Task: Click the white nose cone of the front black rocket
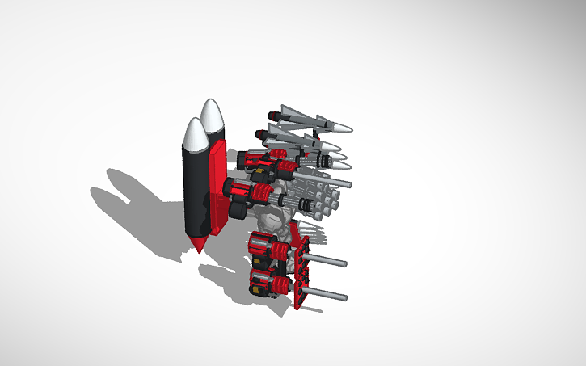[x=193, y=135]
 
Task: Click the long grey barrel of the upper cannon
[x=323, y=179]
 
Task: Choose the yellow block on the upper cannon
[x=260, y=171]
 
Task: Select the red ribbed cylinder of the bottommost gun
[x=279, y=284]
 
